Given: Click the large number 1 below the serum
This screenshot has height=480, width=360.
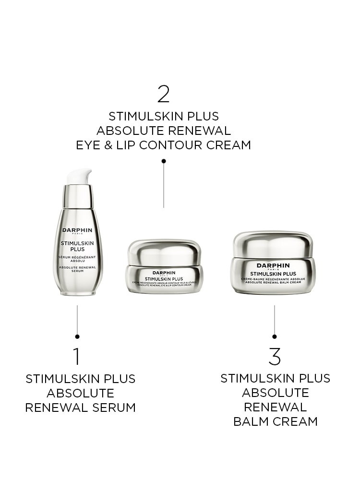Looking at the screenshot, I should (x=76, y=356).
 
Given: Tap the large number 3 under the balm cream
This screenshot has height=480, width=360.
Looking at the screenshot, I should (x=275, y=356).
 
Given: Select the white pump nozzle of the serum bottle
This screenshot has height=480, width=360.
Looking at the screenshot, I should (x=80, y=176).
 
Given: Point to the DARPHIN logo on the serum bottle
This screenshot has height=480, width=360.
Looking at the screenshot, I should (x=77, y=230).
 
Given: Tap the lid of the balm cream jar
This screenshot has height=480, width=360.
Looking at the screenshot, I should (x=273, y=244).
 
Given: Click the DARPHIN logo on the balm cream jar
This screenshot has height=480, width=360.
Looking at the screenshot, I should (x=273, y=265).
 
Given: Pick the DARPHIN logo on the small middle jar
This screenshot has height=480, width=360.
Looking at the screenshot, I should (x=164, y=272).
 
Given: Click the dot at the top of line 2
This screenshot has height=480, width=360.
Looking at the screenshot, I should (x=164, y=161).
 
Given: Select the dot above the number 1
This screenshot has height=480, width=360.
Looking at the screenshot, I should (x=77, y=336).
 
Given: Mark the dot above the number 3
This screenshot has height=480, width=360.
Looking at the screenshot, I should (x=275, y=336).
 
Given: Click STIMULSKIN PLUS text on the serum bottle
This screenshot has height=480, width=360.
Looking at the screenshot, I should (x=77, y=246).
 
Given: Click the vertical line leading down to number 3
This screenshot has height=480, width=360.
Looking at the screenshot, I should (x=275, y=319).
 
